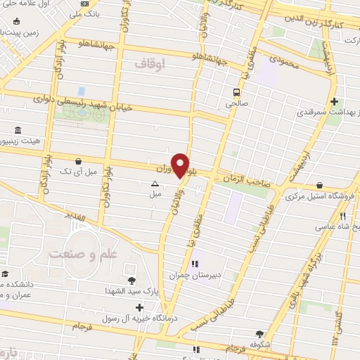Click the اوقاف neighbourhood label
(x=148, y=64)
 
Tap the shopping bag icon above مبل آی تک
(x=66, y=161)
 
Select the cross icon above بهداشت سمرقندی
(x=334, y=101)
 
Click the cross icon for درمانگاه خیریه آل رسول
(x=140, y=307)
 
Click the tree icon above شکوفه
(x=260, y=335)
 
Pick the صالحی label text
(x=237, y=103)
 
